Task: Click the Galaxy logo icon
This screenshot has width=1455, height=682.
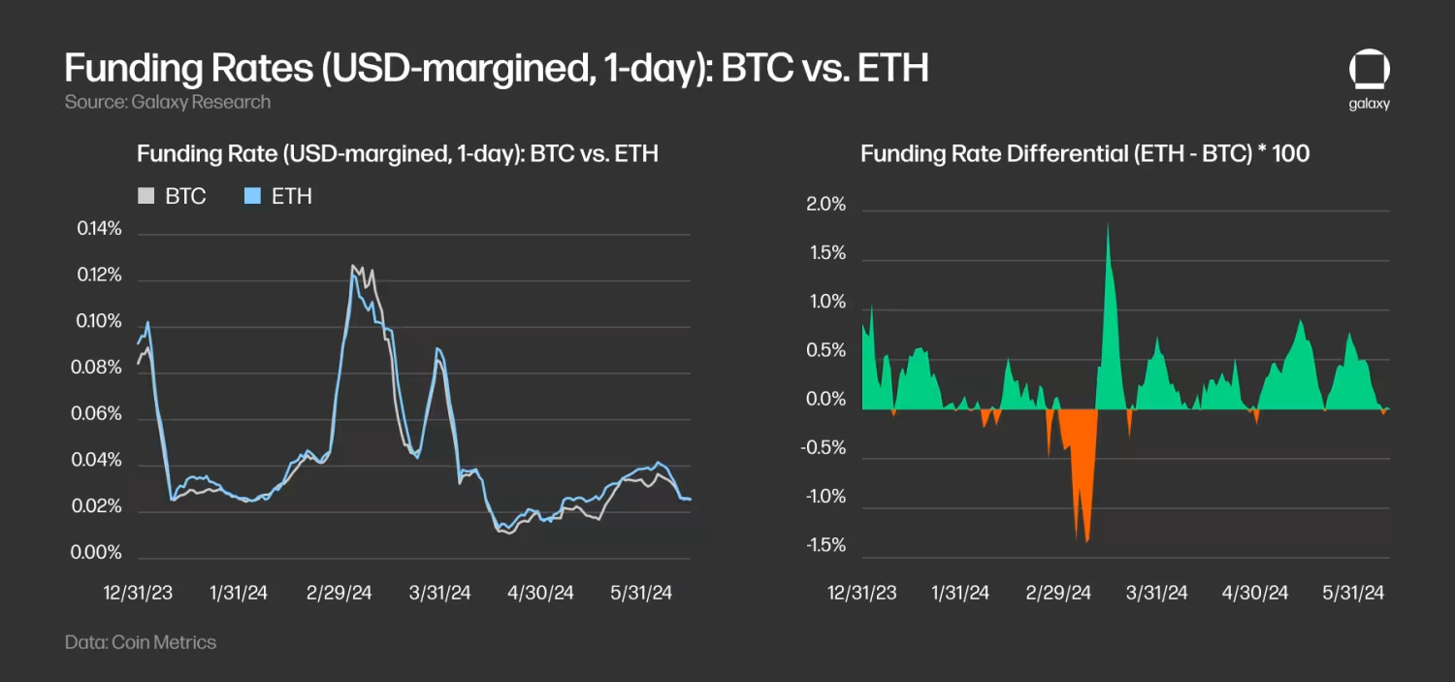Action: tap(1369, 72)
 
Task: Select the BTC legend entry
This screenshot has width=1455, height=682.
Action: tap(175, 197)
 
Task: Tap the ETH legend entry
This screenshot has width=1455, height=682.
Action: tap(280, 197)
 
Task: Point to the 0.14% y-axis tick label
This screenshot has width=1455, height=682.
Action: tap(100, 230)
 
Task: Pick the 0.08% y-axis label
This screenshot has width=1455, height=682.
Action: tap(100, 369)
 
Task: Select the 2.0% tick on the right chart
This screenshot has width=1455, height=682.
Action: tap(826, 206)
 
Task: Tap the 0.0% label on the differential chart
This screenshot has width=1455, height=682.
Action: tap(826, 400)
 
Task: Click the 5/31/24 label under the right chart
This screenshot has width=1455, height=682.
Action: tap(1354, 593)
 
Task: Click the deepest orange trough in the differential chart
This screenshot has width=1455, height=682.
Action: tap(1087, 539)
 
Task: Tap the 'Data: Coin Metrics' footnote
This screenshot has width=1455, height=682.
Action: tap(141, 642)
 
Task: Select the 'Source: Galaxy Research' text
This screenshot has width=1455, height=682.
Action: tap(168, 102)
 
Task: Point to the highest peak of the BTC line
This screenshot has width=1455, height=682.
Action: tap(354, 267)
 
